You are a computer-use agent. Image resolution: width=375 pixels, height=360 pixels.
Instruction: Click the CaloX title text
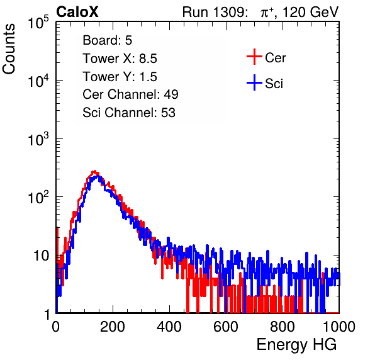tap(77, 12)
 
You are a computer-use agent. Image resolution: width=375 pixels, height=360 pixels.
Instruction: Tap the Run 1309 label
tap(215, 12)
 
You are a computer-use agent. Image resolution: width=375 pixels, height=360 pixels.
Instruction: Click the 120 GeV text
tap(310, 12)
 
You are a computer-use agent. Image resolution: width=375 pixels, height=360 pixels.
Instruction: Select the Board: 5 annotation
tap(108, 40)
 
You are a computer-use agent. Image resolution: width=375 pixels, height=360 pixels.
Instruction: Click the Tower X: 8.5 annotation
tap(120, 59)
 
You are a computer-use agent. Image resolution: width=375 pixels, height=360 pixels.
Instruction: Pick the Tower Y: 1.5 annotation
tap(120, 77)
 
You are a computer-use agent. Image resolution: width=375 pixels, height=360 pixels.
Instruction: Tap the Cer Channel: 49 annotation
tap(130, 94)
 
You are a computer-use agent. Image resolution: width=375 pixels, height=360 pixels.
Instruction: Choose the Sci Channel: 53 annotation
tap(129, 113)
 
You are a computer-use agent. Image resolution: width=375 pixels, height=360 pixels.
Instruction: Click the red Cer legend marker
tap(254, 57)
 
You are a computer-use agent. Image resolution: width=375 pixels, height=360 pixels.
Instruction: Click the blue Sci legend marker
tap(254, 83)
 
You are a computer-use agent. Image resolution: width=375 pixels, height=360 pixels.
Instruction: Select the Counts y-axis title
tap(9, 49)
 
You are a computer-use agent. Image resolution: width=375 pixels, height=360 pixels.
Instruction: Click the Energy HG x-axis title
tap(296, 344)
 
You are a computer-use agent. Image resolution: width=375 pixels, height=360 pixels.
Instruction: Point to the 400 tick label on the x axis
tap(169, 327)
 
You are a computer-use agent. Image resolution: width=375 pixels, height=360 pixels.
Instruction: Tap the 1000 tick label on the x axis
tap(339, 327)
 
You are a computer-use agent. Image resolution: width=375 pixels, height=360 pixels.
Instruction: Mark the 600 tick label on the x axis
tap(226, 327)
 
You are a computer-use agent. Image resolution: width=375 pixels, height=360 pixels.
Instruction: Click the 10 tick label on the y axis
tap(41, 256)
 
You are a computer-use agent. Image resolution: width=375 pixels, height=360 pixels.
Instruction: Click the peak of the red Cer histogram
tap(95, 171)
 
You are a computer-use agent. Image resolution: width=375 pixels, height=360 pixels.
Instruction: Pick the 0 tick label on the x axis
tap(56, 327)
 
